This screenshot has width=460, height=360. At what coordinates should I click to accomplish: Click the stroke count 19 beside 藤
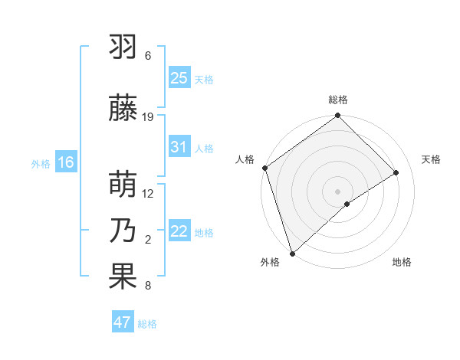pos(149,117)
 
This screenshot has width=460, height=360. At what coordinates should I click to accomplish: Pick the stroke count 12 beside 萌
pos(149,194)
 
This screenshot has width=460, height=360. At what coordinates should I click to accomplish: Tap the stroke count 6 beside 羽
pos(148,56)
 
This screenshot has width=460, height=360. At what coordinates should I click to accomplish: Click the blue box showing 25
pos(179,78)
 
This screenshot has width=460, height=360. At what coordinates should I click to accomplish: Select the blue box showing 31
pos(179,147)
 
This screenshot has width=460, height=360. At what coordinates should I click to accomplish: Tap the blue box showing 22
pos(179,231)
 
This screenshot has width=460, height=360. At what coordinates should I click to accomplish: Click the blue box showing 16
pos(66,162)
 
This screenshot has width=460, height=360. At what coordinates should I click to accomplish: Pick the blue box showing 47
pos(123,322)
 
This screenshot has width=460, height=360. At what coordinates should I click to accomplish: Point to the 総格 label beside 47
pos(147,324)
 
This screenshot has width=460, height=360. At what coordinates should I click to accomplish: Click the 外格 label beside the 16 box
pos(41,163)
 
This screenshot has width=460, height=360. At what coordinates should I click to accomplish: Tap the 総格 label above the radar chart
pos(338,100)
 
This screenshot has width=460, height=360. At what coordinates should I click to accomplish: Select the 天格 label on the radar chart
pos(432,159)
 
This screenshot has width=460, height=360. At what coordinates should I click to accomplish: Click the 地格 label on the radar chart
pos(402,263)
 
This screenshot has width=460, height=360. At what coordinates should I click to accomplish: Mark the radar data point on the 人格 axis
pos(264,168)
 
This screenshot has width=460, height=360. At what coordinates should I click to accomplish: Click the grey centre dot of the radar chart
pos(337,191)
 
